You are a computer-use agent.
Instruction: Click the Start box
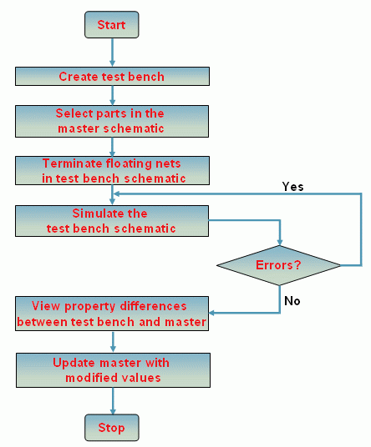pos(112,25)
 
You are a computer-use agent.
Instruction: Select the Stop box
pos(112,428)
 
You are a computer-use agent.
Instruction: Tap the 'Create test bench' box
pos(112,77)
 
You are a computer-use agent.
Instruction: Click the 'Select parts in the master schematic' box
pos(112,121)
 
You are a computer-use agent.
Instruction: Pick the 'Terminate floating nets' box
pos(112,170)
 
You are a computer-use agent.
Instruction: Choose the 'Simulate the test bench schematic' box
pos(112,221)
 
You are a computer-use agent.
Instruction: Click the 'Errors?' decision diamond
pos(279,265)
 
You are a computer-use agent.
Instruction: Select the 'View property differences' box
pos(112,314)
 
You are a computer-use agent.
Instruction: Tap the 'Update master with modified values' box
pos(113,370)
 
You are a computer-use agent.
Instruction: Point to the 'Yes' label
pos(292,187)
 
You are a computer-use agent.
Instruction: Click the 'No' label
pos(292,301)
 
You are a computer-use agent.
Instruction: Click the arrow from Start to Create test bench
pos(112,53)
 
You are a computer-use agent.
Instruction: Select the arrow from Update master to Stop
pos(113,401)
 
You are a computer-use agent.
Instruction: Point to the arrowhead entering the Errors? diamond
pos(280,243)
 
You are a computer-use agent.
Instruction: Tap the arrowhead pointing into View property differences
pos(212,313)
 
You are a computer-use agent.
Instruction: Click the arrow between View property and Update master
pos(113,342)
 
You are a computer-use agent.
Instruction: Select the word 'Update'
pos(74,363)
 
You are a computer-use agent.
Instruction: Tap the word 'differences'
pos(154,306)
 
